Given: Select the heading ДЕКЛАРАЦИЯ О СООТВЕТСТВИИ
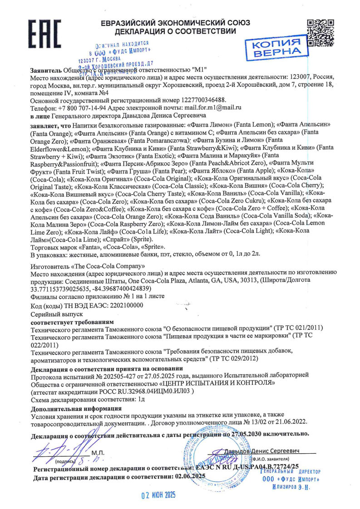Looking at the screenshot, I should pyautogui.click(x=175, y=31).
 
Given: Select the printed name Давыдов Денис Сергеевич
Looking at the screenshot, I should pyautogui.click(x=262, y=451).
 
